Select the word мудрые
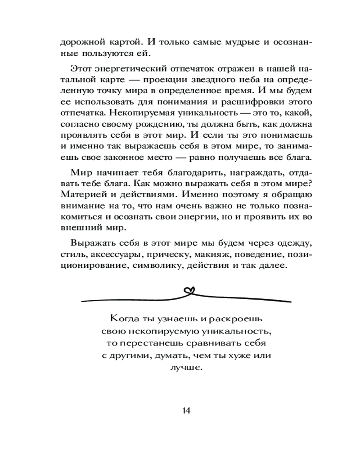point(243,42)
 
